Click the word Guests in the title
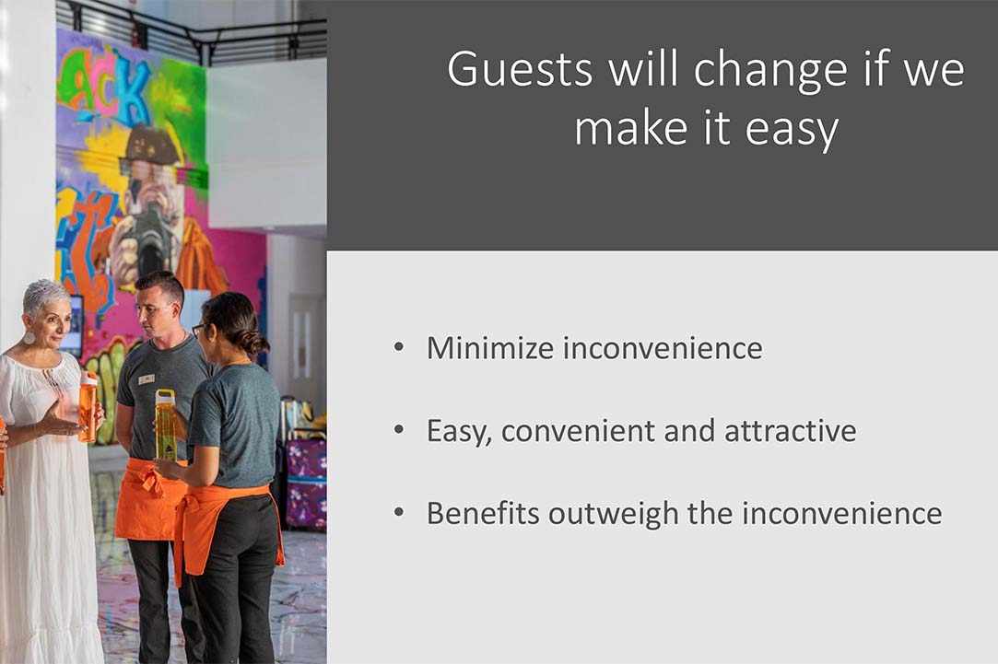[x=520, y=69]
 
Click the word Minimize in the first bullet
[x=490, y=348]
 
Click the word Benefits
[x=483, y=513]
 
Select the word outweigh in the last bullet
[x=614, y=514]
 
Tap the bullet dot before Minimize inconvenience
[x=399, y=347]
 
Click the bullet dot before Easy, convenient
[x=399, y=430]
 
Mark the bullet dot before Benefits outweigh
[x=399, y=512]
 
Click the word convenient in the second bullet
[x=578, y=431]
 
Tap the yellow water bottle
[x=165, y=425]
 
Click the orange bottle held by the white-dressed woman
[x=88, y=407]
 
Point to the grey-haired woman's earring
[x=29, y=337]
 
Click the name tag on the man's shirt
[x=147, y=379]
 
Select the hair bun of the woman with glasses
[x=255, y=343]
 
